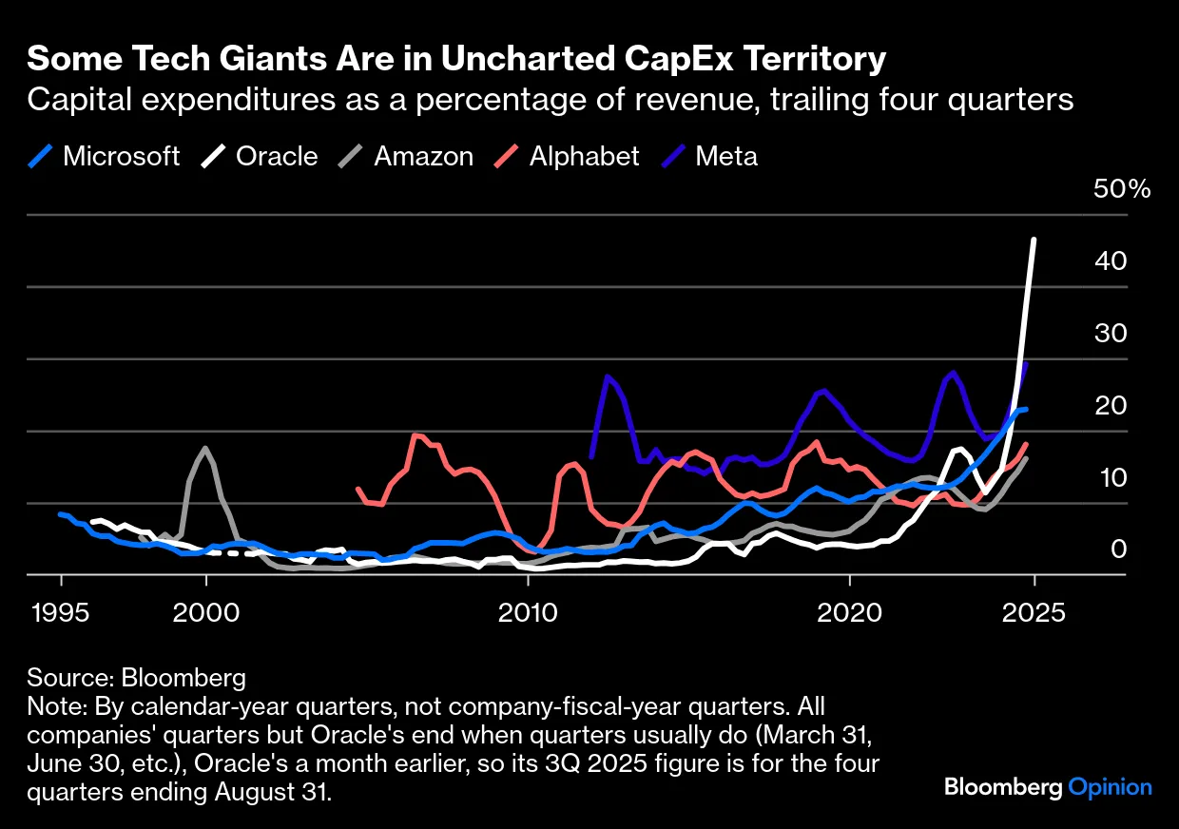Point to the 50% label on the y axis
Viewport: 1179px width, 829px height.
click(1122, 188)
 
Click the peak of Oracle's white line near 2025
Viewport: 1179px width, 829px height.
click(1034, 240)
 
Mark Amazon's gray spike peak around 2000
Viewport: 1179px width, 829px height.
click(205, 448)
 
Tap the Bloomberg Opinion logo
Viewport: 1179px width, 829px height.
click(1048, 787)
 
